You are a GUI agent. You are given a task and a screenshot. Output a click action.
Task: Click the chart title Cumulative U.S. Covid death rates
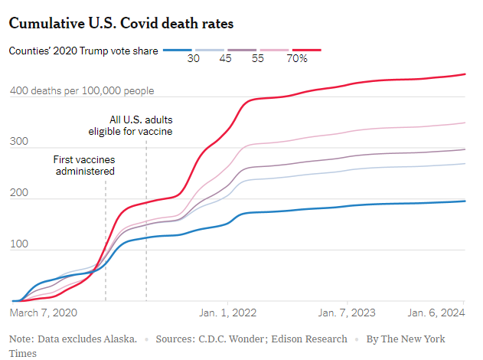click(x=121, y=23)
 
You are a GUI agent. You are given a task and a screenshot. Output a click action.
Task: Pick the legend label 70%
click(x=297, y=59)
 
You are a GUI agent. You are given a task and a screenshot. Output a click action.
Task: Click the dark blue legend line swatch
click(x=178, y=51)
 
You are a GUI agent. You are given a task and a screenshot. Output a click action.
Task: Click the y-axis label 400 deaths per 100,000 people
click(x=82, y=91)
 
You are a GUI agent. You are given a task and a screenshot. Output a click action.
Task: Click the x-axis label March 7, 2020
click(x=44, y=313)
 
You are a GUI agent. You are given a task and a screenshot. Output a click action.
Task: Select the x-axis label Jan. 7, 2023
click(x=346, y=313)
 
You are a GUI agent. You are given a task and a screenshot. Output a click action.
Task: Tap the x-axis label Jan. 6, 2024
click(x=437, y=313)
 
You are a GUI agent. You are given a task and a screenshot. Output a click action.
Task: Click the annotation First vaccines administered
click(x=83, y=165)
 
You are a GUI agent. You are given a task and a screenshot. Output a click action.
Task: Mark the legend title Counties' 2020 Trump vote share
click(x=83, y=51)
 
